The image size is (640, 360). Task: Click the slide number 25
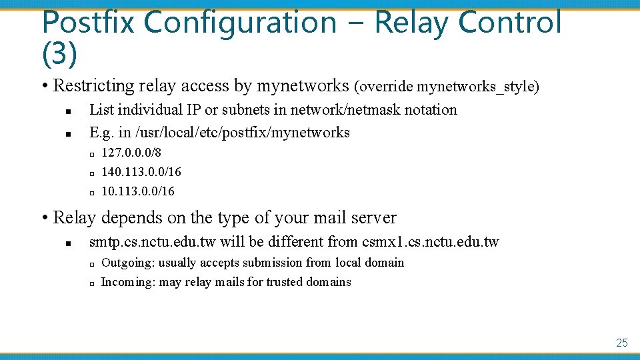[x=621, y=343]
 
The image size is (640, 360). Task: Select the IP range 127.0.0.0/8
[x=131, y=153]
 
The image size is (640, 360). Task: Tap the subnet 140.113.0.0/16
[x=141, y=172]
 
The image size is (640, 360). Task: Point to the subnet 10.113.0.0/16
[x=137, y=191]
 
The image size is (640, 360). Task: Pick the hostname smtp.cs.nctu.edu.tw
[x=153, y=241]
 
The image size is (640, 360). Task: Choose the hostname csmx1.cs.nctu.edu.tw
[x=430, y=241]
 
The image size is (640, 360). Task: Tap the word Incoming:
[x=128, y=282]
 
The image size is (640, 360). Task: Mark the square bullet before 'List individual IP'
[x=69, y=111]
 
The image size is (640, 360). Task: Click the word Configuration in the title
[x=240, y=22]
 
